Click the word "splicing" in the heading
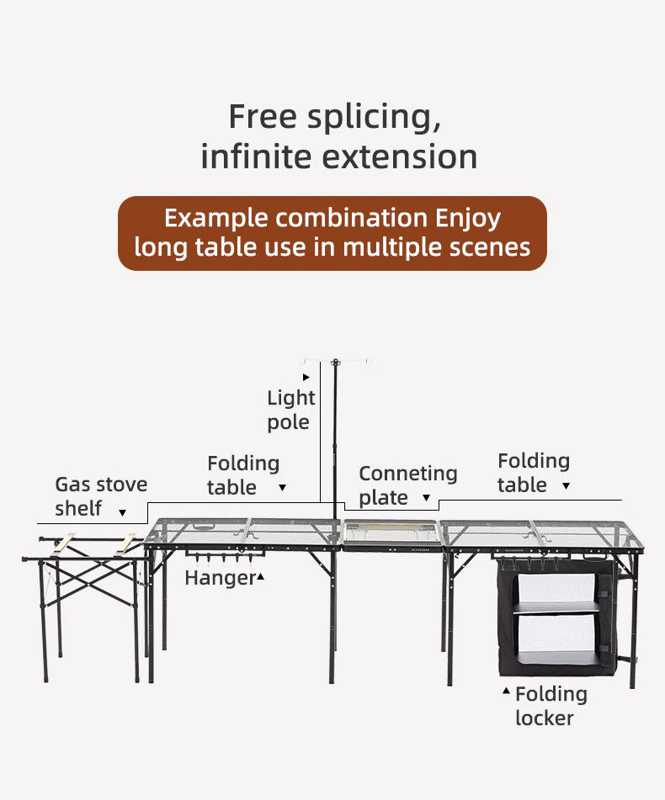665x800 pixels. point(374,117)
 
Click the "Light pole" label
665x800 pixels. point(290,410)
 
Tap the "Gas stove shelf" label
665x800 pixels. point(100,496)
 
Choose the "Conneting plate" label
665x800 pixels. point(407,485)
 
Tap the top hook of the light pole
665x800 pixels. point(336,363)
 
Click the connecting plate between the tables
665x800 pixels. point(392,533)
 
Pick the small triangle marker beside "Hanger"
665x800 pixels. point(261,576)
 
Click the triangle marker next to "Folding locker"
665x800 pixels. point(506,691)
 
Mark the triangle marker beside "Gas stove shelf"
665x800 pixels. point(123,512)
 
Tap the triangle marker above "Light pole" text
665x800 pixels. point(306,377)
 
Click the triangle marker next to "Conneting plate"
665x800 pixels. point(426,499)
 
